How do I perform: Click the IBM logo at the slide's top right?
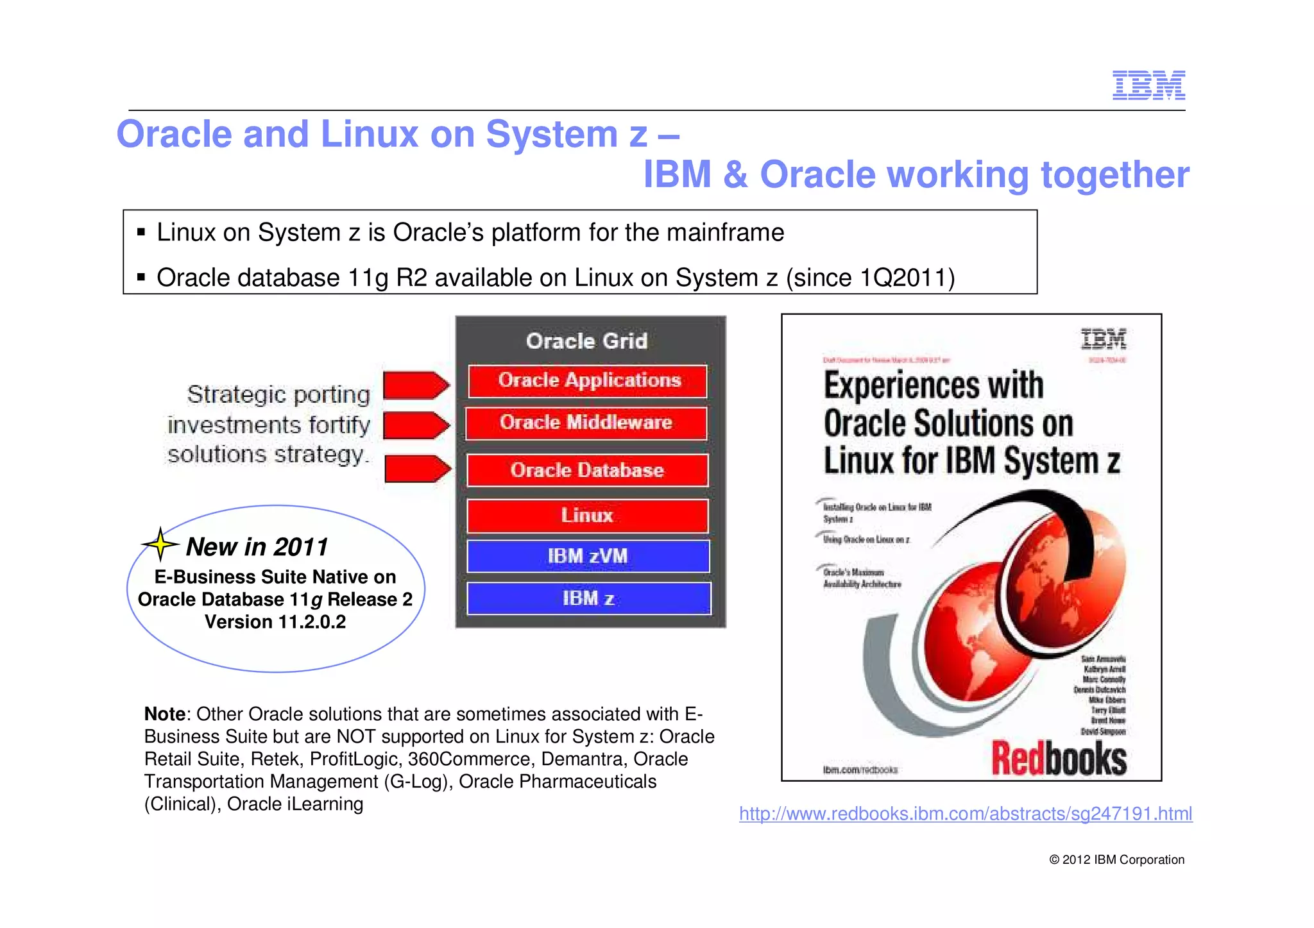pos(1148,85)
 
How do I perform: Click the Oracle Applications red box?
pos(588,381)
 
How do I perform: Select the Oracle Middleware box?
pos(586,423)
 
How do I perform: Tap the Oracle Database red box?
pos(587,470)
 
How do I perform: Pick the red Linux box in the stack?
pos(587,516)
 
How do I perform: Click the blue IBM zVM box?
pos(588,556)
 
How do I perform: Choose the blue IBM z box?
pos(588,598)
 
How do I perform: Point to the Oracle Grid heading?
pos(586,341)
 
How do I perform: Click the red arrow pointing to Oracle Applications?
pos(416,385)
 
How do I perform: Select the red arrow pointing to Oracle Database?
pos(418,469)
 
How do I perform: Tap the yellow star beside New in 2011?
pos(160,544)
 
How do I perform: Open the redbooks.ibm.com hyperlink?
pos(965,814)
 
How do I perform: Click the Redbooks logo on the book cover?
pos(1059,759)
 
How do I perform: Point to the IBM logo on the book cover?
pos(1103,339)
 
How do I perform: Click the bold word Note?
pos(164,714)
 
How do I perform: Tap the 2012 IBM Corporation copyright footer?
pos(1116,860)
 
